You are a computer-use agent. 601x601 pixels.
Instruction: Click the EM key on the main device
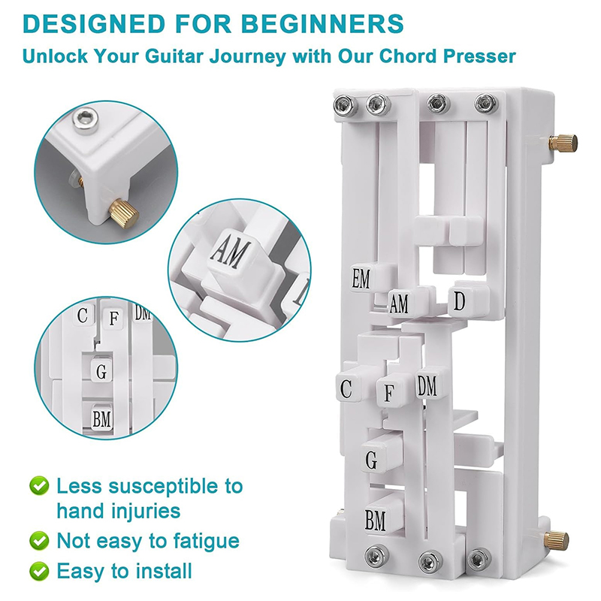(x=361, y=278)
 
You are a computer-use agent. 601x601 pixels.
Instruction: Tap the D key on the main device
(x=460, y=301)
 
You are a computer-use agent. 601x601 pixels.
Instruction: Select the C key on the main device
(x=347, y=388)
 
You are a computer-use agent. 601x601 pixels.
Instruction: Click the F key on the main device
(x=388, y=392)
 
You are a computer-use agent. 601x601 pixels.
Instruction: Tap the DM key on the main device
(x=427, y=385)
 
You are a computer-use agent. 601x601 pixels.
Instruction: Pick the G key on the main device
(x=372, y=461)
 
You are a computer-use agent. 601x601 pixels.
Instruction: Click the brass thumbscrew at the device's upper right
(x=563, y=143)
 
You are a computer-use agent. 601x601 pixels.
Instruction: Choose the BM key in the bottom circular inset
(x=102, y=418)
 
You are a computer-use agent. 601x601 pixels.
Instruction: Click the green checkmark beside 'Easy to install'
(x=39, y=571)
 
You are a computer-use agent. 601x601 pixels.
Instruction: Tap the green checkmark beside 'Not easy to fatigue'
(x=39, y=540)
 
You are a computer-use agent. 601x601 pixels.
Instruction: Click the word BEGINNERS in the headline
(x=323, y=24)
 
